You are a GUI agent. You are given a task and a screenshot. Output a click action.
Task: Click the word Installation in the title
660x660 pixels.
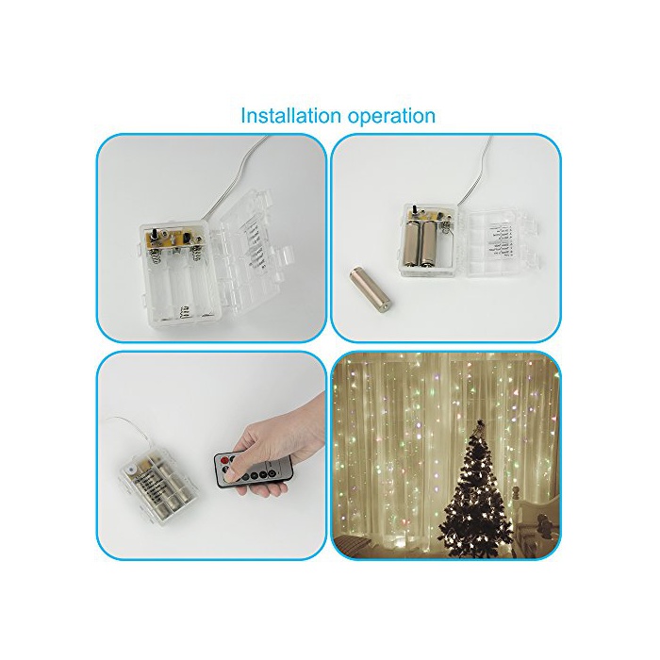coord(290,115)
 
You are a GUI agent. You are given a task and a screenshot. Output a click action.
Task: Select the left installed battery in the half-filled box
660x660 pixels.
coord(413,244)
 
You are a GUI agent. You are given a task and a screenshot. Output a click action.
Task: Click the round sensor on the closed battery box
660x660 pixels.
coord(131,469)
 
